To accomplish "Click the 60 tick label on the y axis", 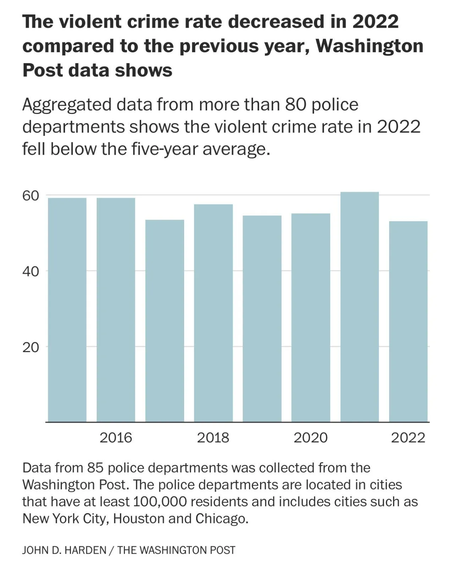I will click(x=31, y=196).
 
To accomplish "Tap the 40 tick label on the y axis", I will click(x=31, y=272).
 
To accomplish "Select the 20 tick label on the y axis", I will click(x=31, y=347).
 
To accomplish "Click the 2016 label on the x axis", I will click(x=116, y=438).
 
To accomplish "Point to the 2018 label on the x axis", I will click(x=213, y=438).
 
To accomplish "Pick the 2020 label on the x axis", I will click(x=311, y=438).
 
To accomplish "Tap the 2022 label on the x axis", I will click(x=408, y=438).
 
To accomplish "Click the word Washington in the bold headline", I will click(x=369, y=46).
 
